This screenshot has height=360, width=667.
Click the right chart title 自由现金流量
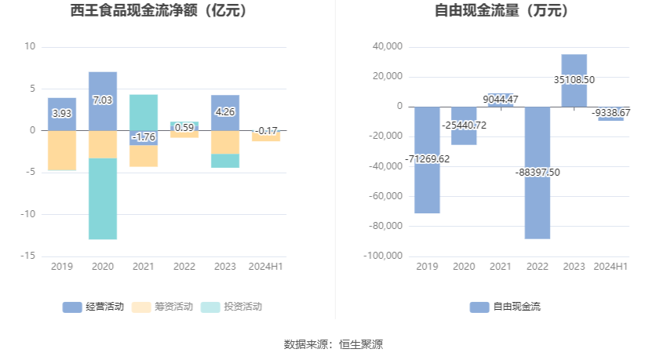tap(501, 11)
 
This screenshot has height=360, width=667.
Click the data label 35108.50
tap(574, 79)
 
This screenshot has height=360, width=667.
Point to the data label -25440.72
tap(463, 125)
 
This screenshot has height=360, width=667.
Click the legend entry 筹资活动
tap(162, 307)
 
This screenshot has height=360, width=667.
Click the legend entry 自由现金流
tap(505, 307)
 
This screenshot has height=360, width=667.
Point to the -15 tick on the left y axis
tap(28, 256)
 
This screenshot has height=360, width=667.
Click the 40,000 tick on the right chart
tap(388, 47)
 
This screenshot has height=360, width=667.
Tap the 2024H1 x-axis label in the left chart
tap(265, 267)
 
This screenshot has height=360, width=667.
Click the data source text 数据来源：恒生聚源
tap(333, 344)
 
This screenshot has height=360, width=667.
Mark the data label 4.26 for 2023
tap(225, 112)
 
